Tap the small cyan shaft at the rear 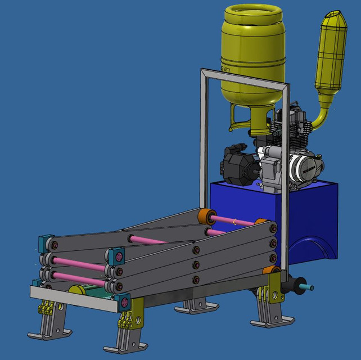click(307, 287)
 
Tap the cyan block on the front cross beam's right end click(124, 303)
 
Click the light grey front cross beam click(73, 298)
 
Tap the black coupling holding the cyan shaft click(293, 285)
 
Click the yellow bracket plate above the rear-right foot click(262, 295)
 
